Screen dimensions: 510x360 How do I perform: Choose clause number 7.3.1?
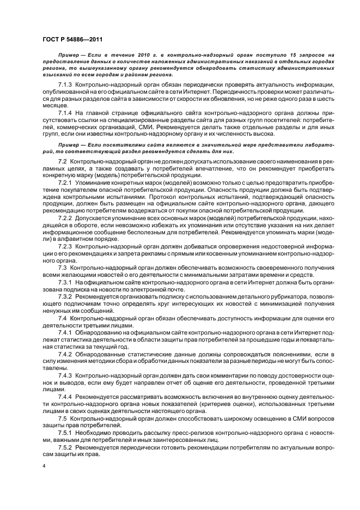pyautogui.click(x=65, y=282)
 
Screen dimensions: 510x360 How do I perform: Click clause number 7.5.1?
pyautogui.click(x=65, y=432)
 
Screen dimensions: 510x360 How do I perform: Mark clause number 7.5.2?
pyautogui.click(x=65, y=445)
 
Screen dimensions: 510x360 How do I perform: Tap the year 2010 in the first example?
pyautogui.click(x=137, y=56)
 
